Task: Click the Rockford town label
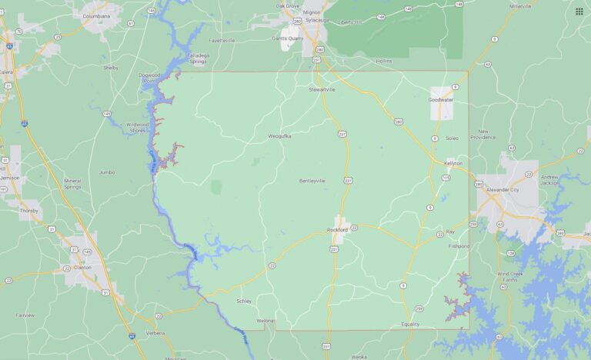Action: pyautogui.click(x=338, y=229)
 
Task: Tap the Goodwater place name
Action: pyautogui.click(x=441, y=99)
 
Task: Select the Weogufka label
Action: pyautogui.click(x=279, y=135)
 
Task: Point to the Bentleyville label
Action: pyautogui.click(x=312, y=181)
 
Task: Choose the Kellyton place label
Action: pyautogui.click(x=453, y=163)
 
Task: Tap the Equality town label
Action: pyautogui.click(x=411, y=324)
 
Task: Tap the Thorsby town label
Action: pyautogui.click(x=28, y=210)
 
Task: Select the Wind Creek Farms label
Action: pyautogui.click(x=510, y=277)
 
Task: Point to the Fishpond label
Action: pyautogui.click(x=459, y=246)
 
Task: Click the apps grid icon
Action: pyautogui.click(x=579, y=12)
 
